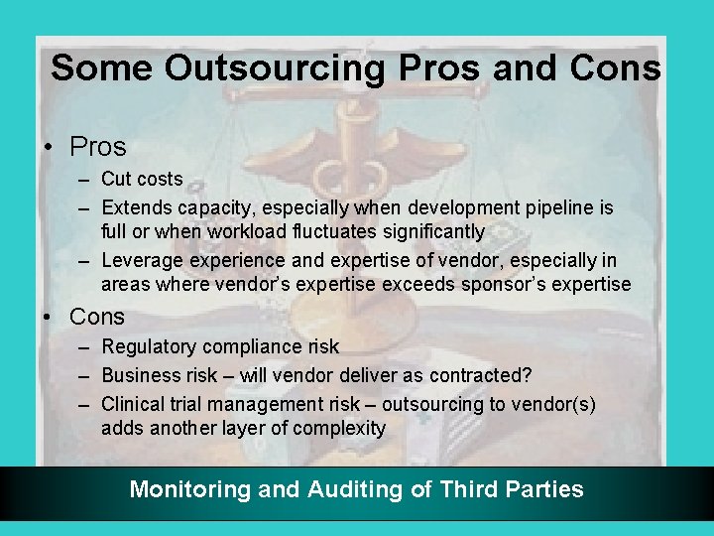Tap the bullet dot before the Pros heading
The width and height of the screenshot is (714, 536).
(49, 147)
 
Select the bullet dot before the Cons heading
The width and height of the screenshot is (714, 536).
(49, 317)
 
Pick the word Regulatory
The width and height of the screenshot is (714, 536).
(149, 346)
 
